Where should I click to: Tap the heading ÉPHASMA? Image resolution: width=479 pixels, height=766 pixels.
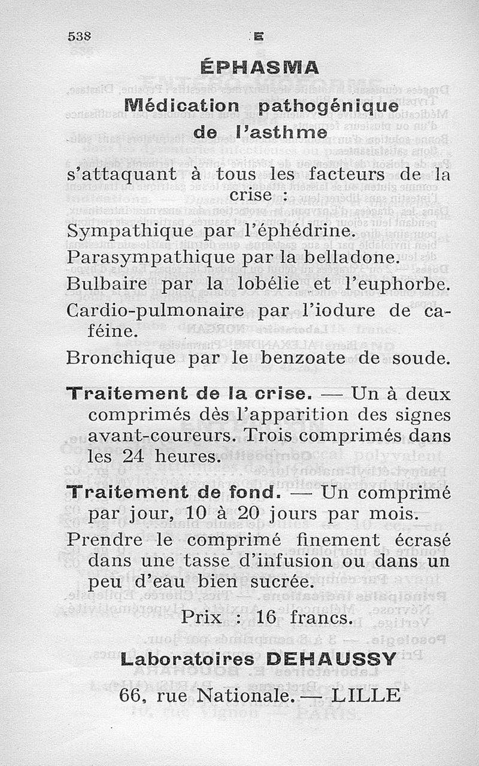pos(260,67)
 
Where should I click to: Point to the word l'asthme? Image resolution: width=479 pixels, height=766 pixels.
pos(290,132)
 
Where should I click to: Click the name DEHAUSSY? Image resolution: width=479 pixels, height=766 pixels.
pos(331,659)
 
